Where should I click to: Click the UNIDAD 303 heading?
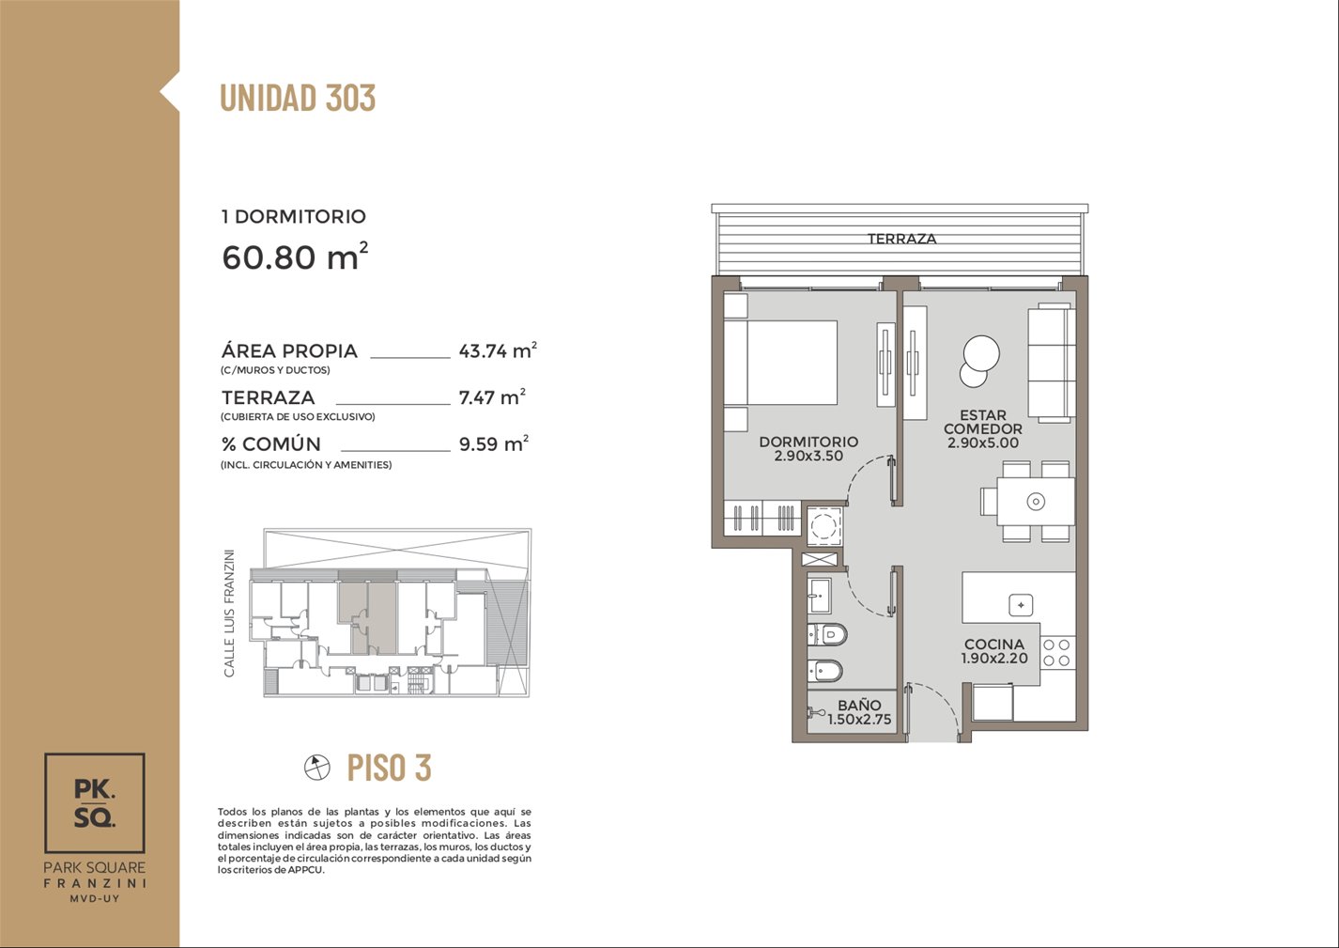tap(298, 98)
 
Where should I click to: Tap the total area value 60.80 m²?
tap(295, 256)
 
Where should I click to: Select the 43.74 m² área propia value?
tap(498, 350)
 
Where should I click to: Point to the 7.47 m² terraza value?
tap(492, 397)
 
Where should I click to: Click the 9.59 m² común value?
tap(494, 443)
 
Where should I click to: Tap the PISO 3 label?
tap(389, 768)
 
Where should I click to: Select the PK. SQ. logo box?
tap(95, 802)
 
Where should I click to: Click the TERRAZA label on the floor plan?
tap(902, 239)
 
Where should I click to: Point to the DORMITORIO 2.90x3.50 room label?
tap(808, 448)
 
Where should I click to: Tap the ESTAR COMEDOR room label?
tap(983, 428)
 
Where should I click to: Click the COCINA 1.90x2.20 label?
tap(994, 651)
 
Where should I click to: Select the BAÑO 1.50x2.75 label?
tap(859, 712)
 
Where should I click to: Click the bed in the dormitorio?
tap(780, 363)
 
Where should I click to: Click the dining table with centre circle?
tap(1036, 501)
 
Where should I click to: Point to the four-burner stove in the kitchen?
tap(1057, 653)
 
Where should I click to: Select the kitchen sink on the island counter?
tap(1021, 605)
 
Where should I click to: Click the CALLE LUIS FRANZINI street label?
tap(229, 614)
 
